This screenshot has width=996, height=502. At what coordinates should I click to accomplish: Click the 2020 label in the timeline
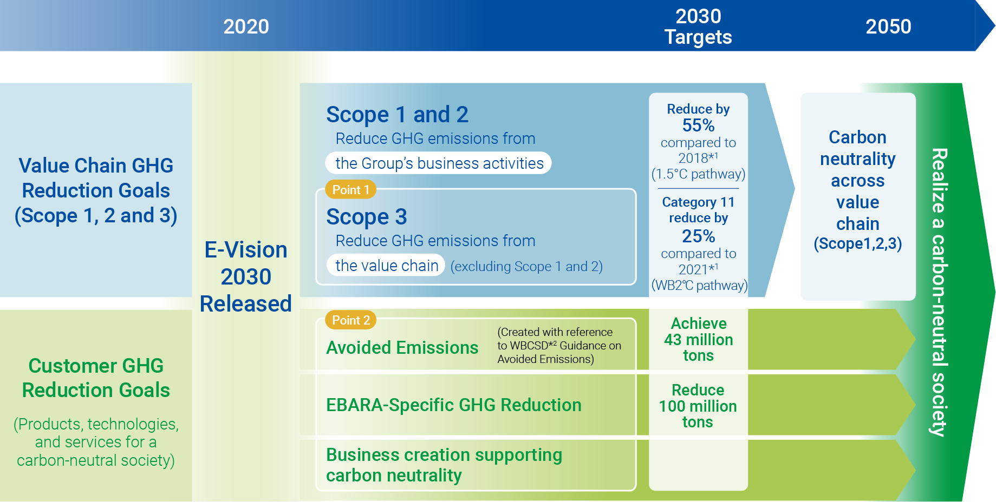point(246,27)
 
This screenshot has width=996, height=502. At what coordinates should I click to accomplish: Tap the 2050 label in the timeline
point(888,27)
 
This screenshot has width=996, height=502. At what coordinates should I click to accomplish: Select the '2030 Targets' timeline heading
point(698,27)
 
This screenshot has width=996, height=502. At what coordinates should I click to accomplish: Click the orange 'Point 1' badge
point(350,190)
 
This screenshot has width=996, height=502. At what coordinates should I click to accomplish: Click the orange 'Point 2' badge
point(350,320)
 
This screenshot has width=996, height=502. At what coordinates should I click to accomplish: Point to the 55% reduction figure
point(698,125)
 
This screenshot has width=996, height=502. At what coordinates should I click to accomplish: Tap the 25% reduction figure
point(698,236)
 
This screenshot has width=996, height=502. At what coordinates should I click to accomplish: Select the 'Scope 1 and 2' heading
point(397,115)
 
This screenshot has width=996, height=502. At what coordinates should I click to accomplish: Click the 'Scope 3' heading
point(366,217)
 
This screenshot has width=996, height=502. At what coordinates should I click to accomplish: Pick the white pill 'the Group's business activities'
point(438,163)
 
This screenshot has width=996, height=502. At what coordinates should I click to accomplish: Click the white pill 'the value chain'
point(386,265)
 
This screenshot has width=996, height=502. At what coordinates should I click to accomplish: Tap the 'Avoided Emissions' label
point(402,347)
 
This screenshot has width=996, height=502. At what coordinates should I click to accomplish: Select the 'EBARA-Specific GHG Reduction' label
point(453,405)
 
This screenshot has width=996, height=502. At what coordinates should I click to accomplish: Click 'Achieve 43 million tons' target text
point(698,339)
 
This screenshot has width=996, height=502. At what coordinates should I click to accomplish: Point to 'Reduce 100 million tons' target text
point(698,406)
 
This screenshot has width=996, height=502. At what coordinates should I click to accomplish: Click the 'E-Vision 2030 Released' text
point(246,276)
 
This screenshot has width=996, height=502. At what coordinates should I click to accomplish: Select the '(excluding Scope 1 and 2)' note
point(526,266)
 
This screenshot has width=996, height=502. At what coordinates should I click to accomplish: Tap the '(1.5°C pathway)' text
point(698,174)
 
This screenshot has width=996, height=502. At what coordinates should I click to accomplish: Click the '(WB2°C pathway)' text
point(699,285)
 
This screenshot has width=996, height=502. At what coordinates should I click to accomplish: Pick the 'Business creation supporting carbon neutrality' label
point(444,465)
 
